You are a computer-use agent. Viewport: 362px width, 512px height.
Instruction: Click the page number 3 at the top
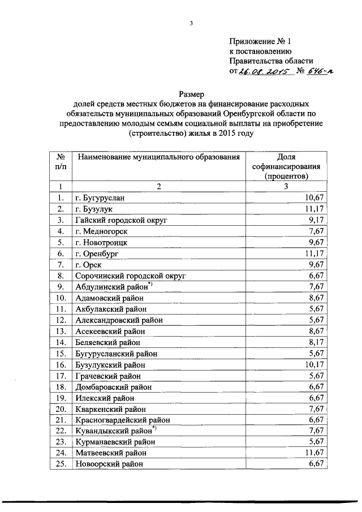(191, 23)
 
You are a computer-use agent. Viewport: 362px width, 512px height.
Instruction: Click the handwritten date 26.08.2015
(264, 72)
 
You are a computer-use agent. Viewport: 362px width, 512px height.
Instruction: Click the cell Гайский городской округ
(122, 220)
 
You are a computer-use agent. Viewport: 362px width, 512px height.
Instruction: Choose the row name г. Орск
(89, 265)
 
